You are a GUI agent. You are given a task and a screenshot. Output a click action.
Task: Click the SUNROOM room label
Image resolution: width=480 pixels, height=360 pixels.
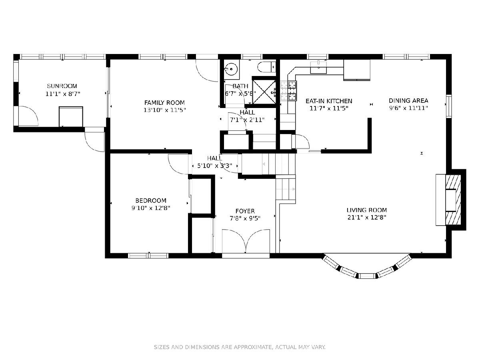coord(62,86)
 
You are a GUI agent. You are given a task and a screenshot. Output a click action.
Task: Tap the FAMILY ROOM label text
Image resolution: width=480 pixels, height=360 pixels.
coord(164,102)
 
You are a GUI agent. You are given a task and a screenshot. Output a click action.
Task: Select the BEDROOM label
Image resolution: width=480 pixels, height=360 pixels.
coord(151,200)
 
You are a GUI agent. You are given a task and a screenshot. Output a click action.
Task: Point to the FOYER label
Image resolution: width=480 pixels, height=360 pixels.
coord(245,211)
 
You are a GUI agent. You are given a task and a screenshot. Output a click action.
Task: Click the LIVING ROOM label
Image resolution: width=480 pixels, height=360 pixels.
coord(367,210)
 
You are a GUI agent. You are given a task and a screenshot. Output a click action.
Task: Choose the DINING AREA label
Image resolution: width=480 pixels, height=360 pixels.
coord(408,100)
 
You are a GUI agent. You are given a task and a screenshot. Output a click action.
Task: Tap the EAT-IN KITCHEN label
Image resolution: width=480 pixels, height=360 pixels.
coord(329,101)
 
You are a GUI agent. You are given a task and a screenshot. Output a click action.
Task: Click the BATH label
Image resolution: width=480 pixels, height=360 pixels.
coord(240,86)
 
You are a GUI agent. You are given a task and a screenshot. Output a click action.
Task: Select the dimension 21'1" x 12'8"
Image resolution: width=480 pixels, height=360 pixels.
coord(367,218)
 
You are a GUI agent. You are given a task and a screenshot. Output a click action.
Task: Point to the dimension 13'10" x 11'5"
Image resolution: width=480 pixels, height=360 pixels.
coord(164,110)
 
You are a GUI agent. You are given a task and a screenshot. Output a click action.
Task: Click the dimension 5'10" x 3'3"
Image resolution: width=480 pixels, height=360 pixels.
coord(214,166)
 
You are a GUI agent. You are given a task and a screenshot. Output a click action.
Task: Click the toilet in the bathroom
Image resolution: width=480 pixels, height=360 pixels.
coord(266,67)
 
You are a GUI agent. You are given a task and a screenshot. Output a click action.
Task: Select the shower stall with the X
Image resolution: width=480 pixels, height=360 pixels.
coord(264,92)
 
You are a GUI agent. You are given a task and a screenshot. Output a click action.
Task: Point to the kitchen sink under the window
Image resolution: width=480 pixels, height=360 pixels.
coord(318,67)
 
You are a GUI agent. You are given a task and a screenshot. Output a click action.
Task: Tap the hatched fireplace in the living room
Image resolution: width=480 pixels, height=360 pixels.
coord(453,200)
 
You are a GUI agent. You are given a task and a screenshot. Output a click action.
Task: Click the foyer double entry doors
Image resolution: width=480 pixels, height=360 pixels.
coord(246,242)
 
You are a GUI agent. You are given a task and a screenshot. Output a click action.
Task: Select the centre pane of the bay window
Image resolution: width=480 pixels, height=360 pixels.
coord(367,276)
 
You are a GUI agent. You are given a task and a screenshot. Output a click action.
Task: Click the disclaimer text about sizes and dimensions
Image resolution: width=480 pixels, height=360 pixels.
coord(240,347)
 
